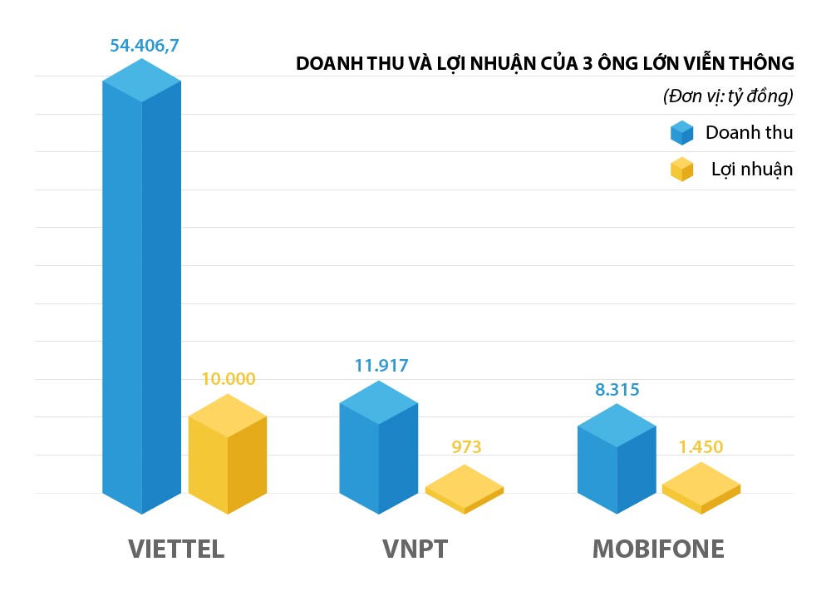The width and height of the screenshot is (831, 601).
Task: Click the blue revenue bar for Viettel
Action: click(142, 291)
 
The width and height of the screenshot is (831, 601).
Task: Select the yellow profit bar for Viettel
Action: click(227, 457)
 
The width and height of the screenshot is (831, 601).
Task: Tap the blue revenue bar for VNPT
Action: click(379, 449)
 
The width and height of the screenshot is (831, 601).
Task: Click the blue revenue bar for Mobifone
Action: click(617, 461)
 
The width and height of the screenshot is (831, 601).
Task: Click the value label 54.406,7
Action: click(145, 45)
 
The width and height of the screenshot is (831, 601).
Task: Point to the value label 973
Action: click(466, 446)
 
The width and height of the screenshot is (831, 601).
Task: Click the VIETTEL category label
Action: click(176, 549)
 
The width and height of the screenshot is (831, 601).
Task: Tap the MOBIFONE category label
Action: click(658, 549)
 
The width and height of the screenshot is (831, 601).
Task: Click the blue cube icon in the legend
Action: click(681, 133)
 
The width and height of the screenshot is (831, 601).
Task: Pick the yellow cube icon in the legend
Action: click(681, 169)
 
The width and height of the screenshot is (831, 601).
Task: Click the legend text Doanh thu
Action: click(749, 132)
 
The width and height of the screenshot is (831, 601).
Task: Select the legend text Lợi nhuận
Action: click(751, 169)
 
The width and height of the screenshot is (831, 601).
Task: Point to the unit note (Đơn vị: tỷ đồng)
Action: click(728, 96)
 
